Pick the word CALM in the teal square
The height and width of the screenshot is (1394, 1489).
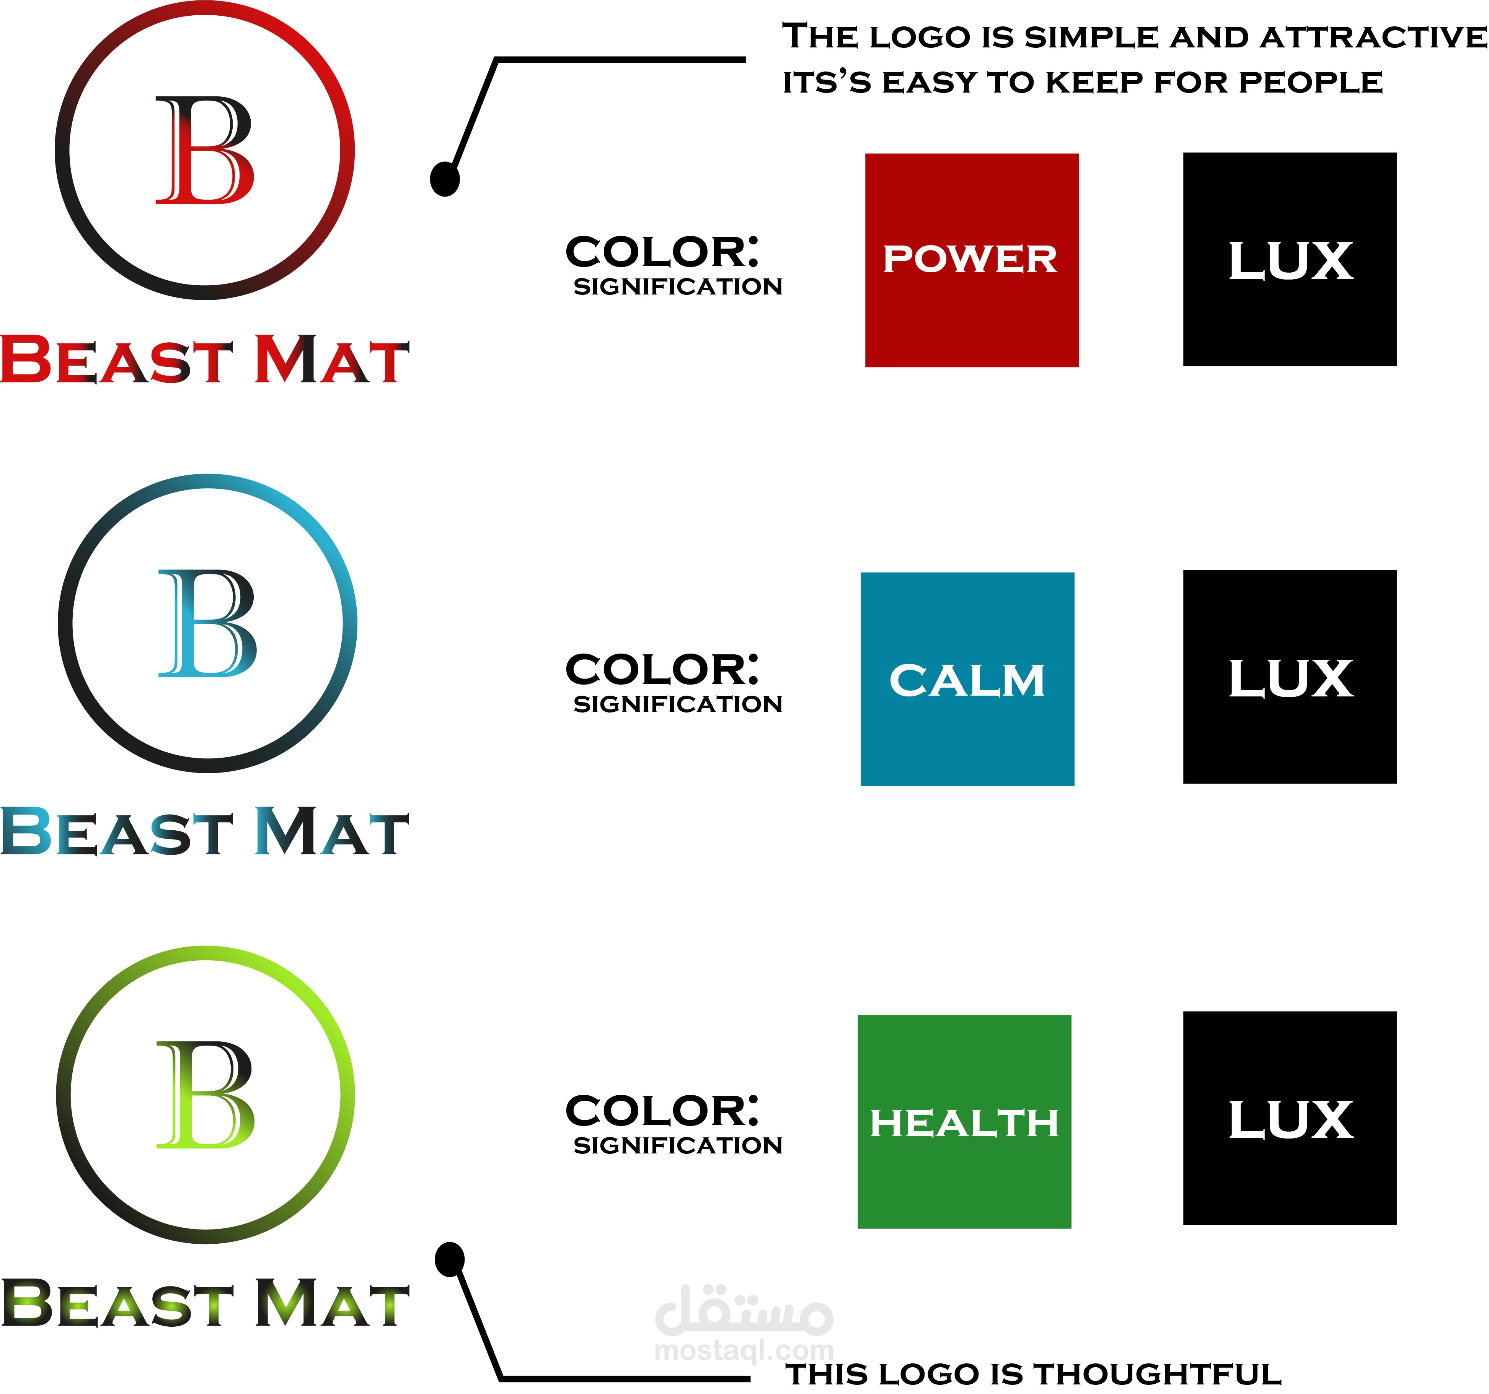[967, 680]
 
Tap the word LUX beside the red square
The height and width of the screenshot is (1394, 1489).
[1290, 261]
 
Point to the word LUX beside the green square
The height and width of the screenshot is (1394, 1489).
[1290, 1120]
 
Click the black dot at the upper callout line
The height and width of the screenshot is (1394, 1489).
[445, 179]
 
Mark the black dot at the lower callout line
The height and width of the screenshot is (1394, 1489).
[449, 1259]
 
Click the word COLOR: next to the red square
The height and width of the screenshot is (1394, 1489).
[662, 252]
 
